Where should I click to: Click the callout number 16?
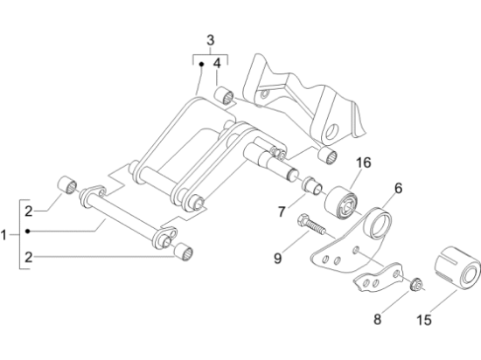click(364, 163)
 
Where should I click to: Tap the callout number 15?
click(424, 320)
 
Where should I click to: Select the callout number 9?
click(277, 259)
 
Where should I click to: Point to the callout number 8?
click(377, 319)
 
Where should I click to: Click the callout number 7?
click(282, 211)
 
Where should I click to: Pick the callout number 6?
click(398, 188)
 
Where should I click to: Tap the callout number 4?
click(217, 64)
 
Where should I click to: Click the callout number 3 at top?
click(211, 40)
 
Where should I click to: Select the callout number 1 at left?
click(3, 235)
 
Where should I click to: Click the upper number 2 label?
click(29, 211)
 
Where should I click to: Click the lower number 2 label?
click(29, 257)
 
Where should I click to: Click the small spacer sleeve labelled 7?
click(311, 185)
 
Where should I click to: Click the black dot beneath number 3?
click(201, 64)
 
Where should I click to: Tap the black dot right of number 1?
click(28, 232)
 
